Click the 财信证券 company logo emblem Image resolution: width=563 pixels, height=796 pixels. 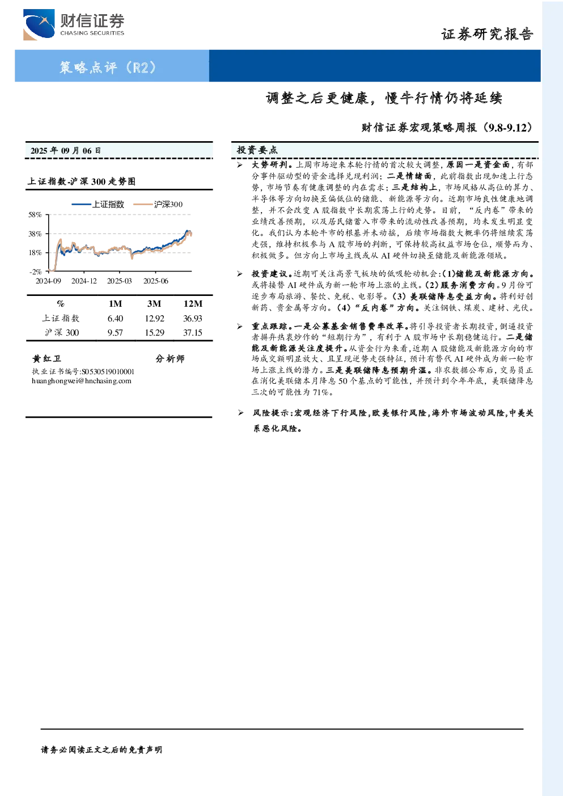click(39, 24)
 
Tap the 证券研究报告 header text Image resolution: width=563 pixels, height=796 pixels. click(487, 34)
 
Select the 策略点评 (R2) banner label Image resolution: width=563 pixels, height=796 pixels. click(107, 67)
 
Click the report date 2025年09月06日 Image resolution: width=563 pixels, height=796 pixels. click(65, 151)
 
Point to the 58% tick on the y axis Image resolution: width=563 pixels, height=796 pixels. click(35, 215)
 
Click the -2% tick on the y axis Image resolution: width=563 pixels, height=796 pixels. click(36, 272)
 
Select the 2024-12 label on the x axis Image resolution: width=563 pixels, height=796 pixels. click(84, 281)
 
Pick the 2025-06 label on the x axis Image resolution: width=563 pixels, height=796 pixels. click(156, 281)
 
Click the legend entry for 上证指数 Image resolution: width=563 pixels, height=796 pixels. click(98, 204)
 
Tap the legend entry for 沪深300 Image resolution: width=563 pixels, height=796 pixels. click(158, 204)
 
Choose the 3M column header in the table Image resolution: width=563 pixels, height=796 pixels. click(154, 304)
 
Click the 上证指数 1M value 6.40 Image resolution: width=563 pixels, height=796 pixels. click(115, 319)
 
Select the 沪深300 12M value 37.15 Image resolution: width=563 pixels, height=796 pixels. click(193, 333)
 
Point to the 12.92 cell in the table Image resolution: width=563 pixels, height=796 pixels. click(154, 319)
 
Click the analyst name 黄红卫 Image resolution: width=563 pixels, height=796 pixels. click(46, 358)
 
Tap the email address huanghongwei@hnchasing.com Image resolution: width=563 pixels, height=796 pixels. click(82, 381)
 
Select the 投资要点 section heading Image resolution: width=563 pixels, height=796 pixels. click(257, 150)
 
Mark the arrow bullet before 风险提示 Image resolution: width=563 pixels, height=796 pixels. click(240, 413)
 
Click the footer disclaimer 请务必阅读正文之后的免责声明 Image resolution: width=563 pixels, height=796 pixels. click(101, 750)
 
